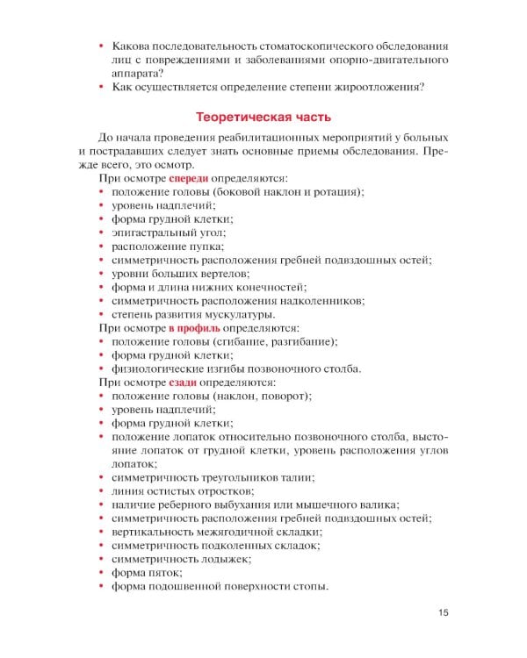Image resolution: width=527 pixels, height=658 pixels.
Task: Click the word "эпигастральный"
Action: pos(153,232)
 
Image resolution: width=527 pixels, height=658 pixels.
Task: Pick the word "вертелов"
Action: pos(213,273)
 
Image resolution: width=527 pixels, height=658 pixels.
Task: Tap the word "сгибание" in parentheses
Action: pos(242,341)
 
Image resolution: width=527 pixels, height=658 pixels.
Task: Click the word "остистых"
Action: pos(168,490)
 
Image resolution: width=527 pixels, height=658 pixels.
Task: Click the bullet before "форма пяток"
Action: pos(103,572)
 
